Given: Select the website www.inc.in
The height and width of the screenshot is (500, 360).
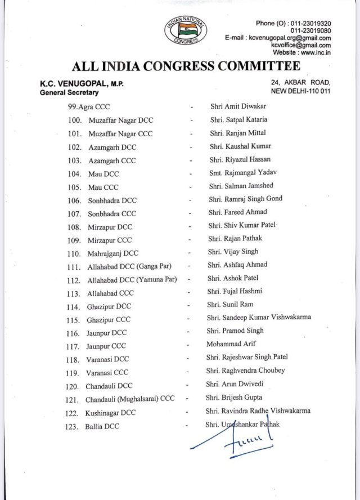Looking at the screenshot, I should click(x=304, y=52).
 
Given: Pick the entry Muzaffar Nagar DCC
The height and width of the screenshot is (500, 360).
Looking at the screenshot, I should click(x=121, y=120).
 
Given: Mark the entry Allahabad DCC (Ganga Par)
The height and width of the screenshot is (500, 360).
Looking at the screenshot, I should click(x=129, y=266).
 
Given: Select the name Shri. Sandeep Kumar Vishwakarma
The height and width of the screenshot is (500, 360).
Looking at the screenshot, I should click(x=259, y=317).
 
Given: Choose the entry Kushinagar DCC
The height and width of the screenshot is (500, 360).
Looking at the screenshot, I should click(x=111, y=413).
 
